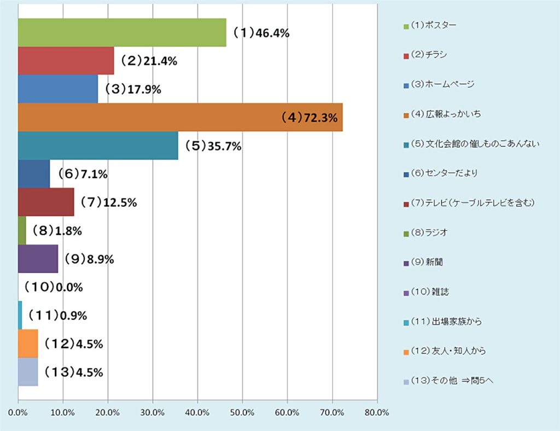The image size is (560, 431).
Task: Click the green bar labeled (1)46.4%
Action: (x=122, y=32)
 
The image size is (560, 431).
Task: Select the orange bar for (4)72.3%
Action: (x=180, y=117)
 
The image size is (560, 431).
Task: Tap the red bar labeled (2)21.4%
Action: (x=66, y=61)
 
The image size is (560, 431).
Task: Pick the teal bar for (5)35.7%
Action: (x=98, y=145)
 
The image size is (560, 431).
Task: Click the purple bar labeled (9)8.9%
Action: (x=38, y=259)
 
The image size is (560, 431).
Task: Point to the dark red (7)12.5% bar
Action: (x=46, y=202)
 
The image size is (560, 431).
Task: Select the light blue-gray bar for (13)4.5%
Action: (x=28, y=372)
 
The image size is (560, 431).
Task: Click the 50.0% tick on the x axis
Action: (x=243, y=413)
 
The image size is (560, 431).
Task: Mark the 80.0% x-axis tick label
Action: (x=377, y=413)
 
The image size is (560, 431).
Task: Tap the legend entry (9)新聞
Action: (x=427, y=262)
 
